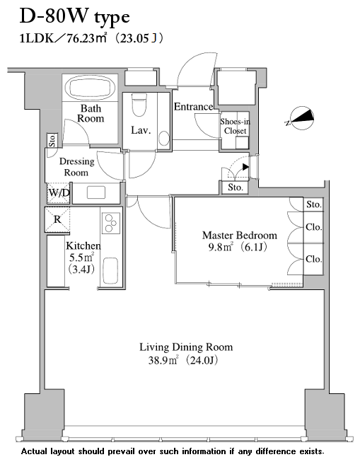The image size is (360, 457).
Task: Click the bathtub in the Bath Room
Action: point(90,87)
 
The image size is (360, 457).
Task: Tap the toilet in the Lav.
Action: point(139,105)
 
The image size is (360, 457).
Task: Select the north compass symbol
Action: point(301,118)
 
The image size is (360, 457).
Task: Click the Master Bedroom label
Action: point(240,235)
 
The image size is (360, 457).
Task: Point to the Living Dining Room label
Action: point(186,347)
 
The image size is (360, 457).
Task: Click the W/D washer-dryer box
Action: point(59,193)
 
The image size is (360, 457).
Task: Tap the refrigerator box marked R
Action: point(57,219)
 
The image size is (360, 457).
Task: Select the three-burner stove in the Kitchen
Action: point(111,224)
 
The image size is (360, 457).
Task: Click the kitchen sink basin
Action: point(110,271)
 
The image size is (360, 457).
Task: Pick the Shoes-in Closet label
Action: point(235,126)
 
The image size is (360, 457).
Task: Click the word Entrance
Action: point(193,107)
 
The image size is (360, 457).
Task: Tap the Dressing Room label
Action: point(76,167)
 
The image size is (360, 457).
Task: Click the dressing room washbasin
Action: point(96,192)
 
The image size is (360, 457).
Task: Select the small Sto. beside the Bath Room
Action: point(52,141)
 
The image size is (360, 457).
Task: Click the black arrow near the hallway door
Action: point(245,167)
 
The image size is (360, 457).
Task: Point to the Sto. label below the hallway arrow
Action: point(236,187)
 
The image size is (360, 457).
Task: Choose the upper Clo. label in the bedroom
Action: point(313,227)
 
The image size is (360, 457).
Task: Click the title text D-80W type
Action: point(75,16)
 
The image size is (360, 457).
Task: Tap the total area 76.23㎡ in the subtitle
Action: point(86,38)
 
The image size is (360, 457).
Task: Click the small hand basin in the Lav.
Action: point(164,139)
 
